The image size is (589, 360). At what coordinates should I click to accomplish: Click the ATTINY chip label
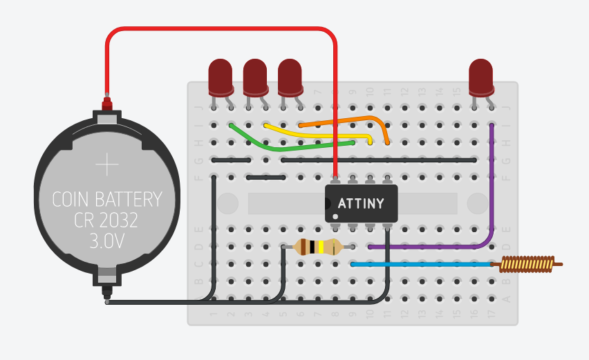pos(361,203)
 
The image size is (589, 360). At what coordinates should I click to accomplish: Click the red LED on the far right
pos(480,76)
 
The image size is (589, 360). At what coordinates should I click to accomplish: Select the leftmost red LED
pos(221,76)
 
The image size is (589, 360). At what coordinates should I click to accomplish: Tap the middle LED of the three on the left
pos(255,76)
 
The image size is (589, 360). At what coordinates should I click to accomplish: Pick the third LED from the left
pos(290,76)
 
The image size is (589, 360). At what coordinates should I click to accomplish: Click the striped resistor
pos(318,247)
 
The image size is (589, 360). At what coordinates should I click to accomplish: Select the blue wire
pos(422,264)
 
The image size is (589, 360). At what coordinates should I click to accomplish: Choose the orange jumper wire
pos(346,120)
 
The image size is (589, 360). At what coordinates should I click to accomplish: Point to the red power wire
pos(221,29)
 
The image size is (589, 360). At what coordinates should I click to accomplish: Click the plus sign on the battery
pos(108,165)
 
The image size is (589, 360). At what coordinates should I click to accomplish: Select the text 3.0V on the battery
pos(107,241)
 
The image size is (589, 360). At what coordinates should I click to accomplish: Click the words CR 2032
pos(107,220)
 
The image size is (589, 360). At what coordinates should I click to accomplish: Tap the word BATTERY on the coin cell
pos(131,200)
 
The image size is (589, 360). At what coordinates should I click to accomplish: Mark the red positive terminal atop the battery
pos(107,103)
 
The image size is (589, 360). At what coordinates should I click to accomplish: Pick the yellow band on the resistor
pos(322,247)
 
